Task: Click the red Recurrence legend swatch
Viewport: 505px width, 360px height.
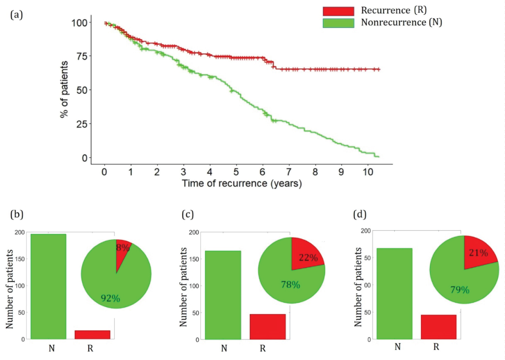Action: pyautogui.click(x=338, y=11)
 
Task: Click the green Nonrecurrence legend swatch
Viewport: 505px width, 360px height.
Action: pyautogui.click(x=338, y=23)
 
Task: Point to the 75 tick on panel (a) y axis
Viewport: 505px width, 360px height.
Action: pyautogui.click(x=82, y=56)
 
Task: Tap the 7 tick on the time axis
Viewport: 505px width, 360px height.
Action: pyautogui.click(x=289, y=172)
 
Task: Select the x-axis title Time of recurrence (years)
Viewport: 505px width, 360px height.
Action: pyautogui.click(x=242, y=184)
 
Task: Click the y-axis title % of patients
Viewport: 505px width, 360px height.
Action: pyautogui.click(x=64, y=90)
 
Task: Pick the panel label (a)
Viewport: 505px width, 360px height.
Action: pyautogui.click(x=16, y=15)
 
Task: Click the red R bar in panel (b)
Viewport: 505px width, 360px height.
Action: pyautogui.click(x=92, y=335)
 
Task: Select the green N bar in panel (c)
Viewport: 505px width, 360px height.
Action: pyautogui.click(x=223, y=295)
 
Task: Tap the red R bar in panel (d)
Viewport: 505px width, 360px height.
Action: pyautogui.click(x=438, y=327)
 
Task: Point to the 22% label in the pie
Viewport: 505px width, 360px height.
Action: pyautogui.click(x=308, y=258)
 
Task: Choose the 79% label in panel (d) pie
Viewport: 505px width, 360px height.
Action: pyautogui.click(x=460, y=290)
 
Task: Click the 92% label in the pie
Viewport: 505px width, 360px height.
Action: pyautogui.click(x=110, y=298)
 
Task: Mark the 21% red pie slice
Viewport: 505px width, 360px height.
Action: pyautogui.click(x=478, y=252)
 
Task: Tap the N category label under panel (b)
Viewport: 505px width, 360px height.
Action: pyautogui.click(x=52, y=348)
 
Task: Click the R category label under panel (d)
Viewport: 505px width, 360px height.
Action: pyautogui.click(x=436, y=347)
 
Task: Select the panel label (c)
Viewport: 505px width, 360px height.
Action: pyautogui.click(x=188, y=215)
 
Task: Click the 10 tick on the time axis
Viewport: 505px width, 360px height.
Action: pyautogui.click(x=368, y=172)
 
